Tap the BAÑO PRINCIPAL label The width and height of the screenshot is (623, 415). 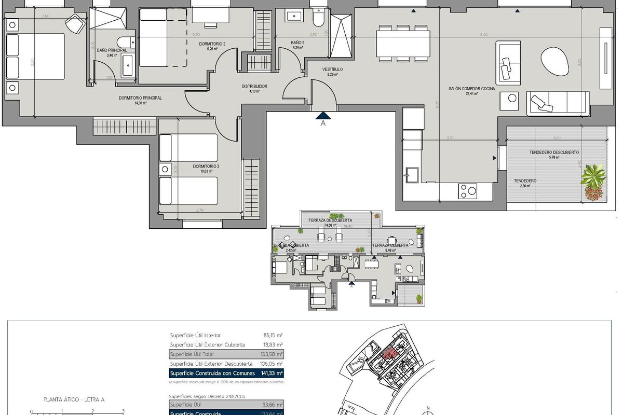click(112, 50)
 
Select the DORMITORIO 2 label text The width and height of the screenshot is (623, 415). click(212, 44)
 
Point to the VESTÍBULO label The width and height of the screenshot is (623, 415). click(332, 69)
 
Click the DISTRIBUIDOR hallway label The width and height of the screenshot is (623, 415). click(254, 87)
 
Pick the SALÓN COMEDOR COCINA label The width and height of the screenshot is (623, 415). click(471, 89)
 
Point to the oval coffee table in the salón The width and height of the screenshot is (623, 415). click(554, 61)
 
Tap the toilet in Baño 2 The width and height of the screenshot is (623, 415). click(318, 19)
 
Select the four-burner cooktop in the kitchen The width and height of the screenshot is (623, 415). click(467, 191)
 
